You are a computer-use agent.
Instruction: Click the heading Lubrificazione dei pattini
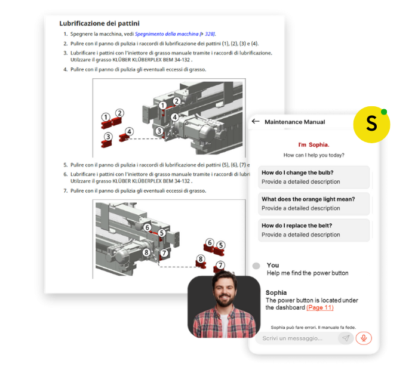(99, 23)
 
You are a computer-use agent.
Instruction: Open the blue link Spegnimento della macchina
(167, 34)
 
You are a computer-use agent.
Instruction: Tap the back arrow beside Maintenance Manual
(256, 122)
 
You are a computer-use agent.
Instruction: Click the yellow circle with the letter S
(371, 124)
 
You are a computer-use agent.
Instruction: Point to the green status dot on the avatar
(384, 112)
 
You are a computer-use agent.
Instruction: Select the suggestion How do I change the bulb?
(314, 177)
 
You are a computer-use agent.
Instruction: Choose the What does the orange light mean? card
(314, 203)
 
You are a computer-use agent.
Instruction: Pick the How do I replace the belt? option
(314, 230)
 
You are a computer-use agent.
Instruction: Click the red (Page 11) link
(320, 308)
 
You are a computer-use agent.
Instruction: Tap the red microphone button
(364, 338)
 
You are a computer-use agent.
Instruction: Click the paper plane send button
(346, 338)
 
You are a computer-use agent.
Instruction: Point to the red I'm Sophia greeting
(314, 145)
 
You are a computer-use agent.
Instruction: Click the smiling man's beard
(224, 300)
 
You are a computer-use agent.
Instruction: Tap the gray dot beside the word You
(256, 266)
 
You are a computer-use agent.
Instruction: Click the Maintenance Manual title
(294, 122)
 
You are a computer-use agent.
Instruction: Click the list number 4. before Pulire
(65, 70)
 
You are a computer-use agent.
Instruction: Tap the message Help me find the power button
(308, 273)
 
